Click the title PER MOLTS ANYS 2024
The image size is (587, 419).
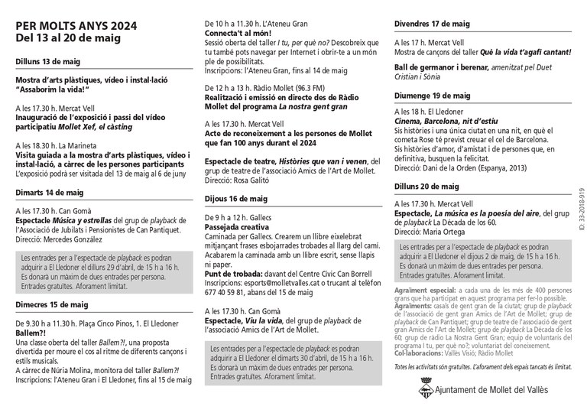coord(76,24)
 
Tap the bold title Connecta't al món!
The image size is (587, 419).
coord(242,34)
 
